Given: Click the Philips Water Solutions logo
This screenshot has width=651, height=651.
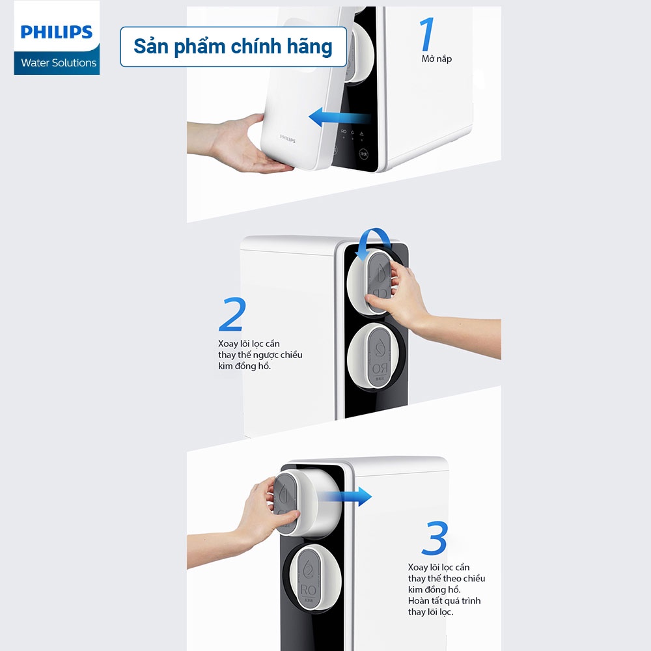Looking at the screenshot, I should (x=57, y=38).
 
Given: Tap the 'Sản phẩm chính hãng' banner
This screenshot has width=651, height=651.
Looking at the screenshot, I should (x=233, y=47).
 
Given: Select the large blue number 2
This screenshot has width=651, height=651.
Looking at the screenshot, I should (x=232, y=315).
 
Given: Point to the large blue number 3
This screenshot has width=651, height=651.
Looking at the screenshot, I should (x=434, y=538).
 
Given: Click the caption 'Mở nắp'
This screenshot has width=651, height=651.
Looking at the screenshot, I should (x=436, y=59).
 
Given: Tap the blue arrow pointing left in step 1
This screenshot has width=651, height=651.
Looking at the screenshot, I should (x=339, y=118).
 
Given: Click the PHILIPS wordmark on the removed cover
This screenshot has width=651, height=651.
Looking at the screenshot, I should (x=288, y=138).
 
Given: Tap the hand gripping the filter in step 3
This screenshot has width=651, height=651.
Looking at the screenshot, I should (x=257, y=508).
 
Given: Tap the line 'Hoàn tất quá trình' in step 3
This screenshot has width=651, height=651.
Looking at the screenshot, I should (x=444, y=601).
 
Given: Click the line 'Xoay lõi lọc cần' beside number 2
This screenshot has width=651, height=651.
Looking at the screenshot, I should (x=249, y=344).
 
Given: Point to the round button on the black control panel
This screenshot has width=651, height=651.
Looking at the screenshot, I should (x=364, y=155).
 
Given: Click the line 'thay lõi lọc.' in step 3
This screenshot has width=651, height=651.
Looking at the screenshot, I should (x=430, y=612).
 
